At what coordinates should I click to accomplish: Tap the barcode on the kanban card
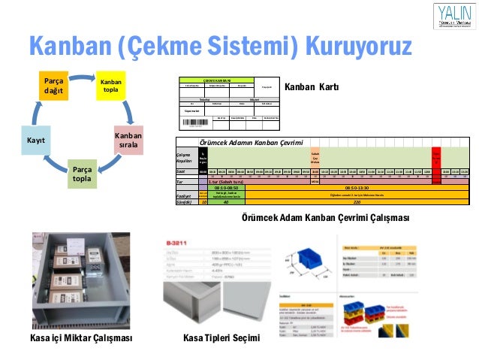191,122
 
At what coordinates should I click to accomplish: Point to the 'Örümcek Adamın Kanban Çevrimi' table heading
251,143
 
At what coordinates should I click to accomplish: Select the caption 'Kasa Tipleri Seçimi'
221,337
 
